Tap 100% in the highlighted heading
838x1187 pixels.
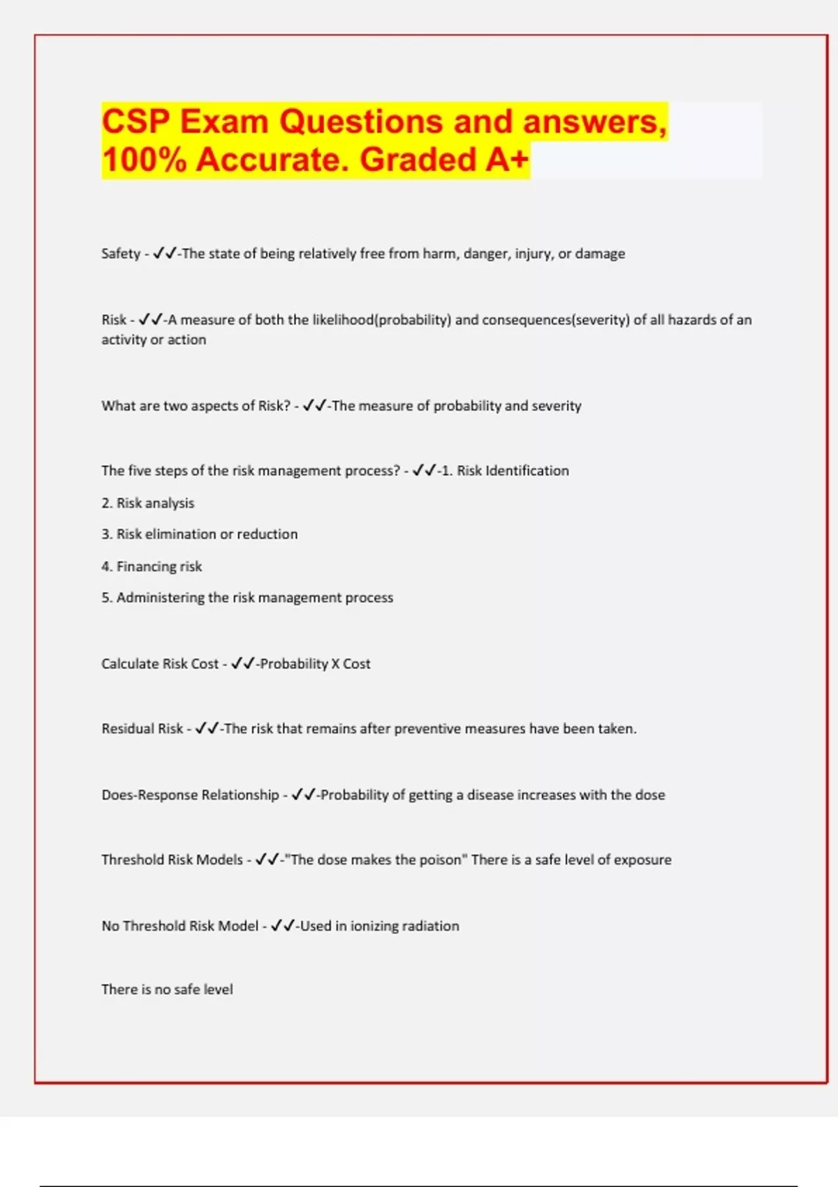pyautogui.click(x=144, y=159)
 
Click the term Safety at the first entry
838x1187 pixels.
pyautogui.click(x=121, y=253)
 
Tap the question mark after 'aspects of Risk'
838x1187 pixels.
pyautogui.click(x=286, y=406)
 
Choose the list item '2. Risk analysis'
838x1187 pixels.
pyautogui.click(x=148, y=503)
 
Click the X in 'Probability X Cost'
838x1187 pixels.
pyautogui.click(x=335, y=664)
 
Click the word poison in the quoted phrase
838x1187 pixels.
pyautogui.click(x=439, y=860)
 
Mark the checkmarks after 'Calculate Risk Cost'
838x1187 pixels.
pyautogui.click(x=242, y=664)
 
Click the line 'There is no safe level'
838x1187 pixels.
pyautogui.click(x=167, y=989)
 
